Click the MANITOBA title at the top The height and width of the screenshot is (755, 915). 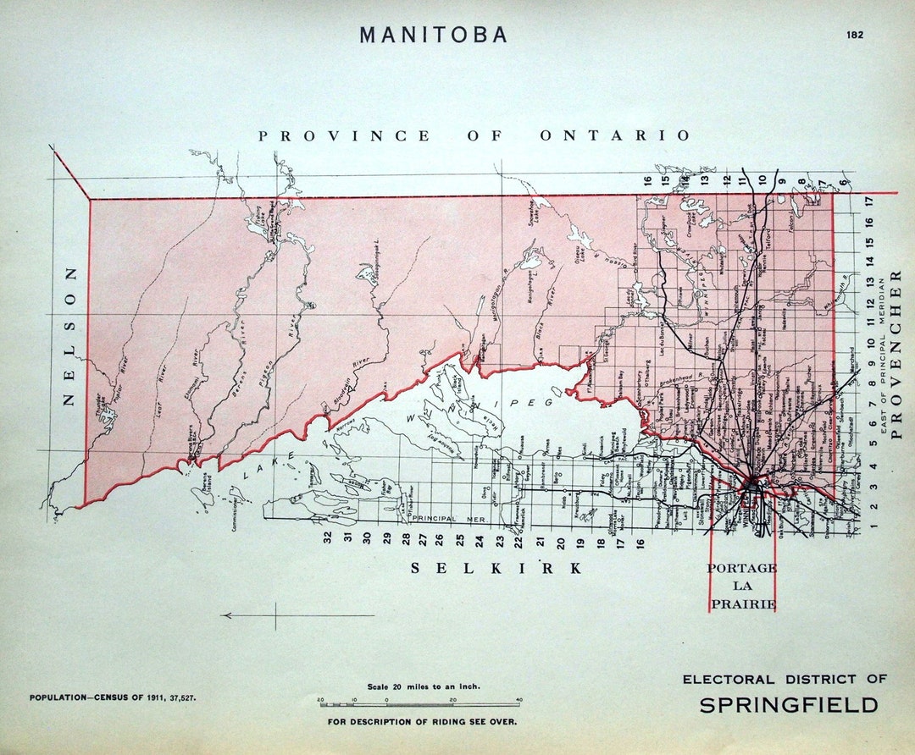(433, 35)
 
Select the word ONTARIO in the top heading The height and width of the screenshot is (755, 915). (615, 135)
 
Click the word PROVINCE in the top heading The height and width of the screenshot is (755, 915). (344, 135)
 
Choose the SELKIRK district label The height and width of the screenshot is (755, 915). (497, 568)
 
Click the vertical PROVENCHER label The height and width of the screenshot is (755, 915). (896, 354)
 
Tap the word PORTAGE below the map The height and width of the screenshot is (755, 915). (741, 568)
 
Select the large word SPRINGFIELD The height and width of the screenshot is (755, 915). (788, 705)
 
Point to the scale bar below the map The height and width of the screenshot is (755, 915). (420, 703)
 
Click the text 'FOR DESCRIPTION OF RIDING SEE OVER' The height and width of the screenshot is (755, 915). (422, 722)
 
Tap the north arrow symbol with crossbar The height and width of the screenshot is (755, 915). (275, 615)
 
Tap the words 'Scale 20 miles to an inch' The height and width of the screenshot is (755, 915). (423, 686)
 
